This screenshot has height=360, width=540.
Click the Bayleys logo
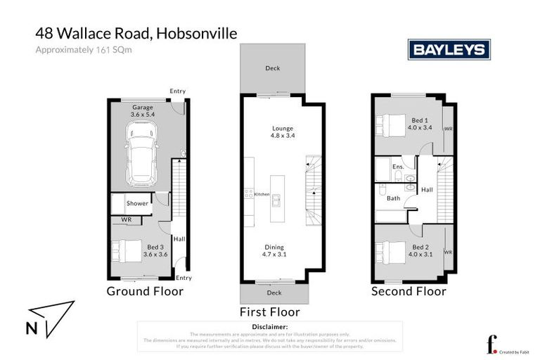pyautogui.click(x=449, y=50)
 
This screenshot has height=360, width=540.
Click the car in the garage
pyautogui.click(x=143, y=151)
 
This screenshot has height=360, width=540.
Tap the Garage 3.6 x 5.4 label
pyautogui.click(x=143, y=110)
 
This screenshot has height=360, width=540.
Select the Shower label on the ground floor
pyautogui.click(x=137, y=204)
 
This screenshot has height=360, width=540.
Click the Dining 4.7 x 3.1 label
pyautogui.click(x=274, y=251)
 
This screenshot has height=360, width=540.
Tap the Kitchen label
pyautogui.click(x=262, y=194)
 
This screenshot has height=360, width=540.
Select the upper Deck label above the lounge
pyautogui.click(x=273, y=68)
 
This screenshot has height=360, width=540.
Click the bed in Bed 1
pyautogui.click(x=390, y=124)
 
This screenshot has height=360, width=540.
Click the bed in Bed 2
pyautogui.click(x=390, y=251)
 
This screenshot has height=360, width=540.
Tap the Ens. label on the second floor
pyautogui.click(x=397, y=167)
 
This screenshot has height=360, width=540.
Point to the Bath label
pyautogui.click(x=393, y=198)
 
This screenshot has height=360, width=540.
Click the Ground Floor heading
pyautogui.click(x=145, y=291)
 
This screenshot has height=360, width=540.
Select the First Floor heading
pyautogui.click(x=269, y=311)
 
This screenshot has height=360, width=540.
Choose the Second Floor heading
pyautogui.click(x=409, y=291)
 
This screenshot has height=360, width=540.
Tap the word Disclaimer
pyautogui.click(x=269, y=327)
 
